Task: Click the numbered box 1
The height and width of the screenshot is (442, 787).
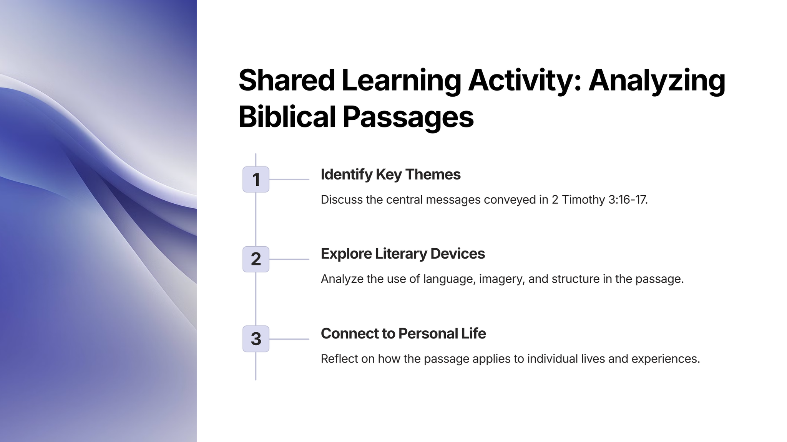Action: (x=256, y=179)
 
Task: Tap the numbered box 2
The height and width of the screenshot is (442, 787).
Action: (x=256, y=259)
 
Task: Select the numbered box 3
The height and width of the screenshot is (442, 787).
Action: (x=256, y=339)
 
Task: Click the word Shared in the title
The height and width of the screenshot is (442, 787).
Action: (x=287, y=80)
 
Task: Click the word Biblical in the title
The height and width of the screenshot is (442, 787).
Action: (x=287, y=117)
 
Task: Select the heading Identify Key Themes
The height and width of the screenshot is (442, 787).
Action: (x=390, y=175)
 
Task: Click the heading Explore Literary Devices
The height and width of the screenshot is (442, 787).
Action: (x=403, y=254)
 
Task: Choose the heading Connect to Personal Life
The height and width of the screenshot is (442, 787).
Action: (x=403, y=334)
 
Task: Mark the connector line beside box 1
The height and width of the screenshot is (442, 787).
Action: (x=289, y=179)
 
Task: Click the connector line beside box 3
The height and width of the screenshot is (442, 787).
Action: (x=289, y=339)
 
